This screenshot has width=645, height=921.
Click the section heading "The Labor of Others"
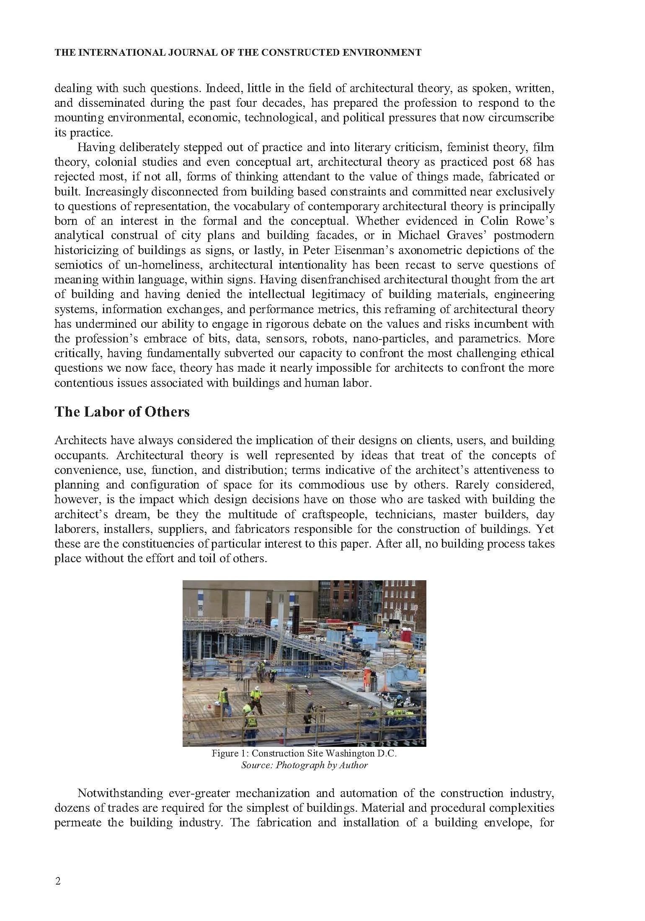click(122, 412)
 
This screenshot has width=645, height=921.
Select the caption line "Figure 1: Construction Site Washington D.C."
click(304, 765)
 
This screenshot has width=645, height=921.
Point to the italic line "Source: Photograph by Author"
click(304, 777)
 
